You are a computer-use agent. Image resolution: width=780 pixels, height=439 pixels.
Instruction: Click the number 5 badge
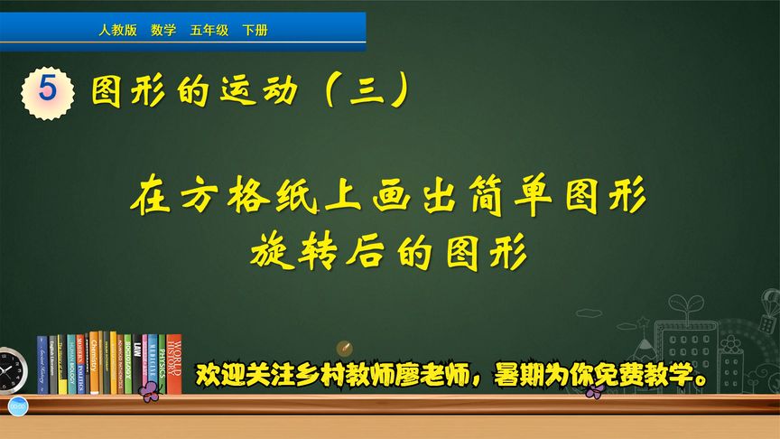click(48, 89)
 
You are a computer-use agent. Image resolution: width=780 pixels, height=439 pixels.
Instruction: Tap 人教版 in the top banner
click(117, 31)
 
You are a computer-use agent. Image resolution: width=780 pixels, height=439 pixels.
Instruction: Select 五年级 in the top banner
click(209, 31)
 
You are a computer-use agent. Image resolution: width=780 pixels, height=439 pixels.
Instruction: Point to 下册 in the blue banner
click(255, 31)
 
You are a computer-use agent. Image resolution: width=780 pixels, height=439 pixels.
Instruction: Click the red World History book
click(174, 364)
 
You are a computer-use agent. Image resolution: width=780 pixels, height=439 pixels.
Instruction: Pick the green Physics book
click(162, 364)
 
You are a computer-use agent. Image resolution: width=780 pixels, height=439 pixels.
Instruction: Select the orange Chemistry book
click(95, 362)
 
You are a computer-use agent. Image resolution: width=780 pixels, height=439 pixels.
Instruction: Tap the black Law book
click(137, 364)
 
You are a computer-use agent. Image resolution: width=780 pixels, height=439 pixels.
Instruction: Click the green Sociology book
click(127, 364)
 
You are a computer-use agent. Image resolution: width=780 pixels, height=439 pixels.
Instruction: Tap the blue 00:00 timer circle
click(15, 408)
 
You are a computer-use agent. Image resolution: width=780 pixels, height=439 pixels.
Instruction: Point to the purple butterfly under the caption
click(593, 390)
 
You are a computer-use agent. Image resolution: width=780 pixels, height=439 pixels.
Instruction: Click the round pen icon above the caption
click(343, 349)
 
